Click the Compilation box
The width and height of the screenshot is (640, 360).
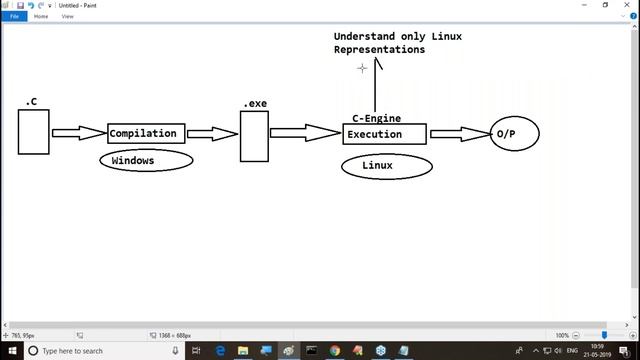[x=146, y=133]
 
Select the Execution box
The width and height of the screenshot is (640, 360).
[x=384, y=134]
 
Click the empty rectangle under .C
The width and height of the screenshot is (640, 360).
[x=33, y=132]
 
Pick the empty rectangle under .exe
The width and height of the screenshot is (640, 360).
[x=254, y=135]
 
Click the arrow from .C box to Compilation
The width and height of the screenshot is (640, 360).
[x=79, y=133]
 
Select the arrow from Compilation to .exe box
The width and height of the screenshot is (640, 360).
[x=212, y=133]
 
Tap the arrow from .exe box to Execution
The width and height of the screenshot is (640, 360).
[x=305, y=133]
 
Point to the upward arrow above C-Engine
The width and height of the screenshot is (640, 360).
[x=376, y=85]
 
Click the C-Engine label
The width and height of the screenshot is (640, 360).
[x=376, y=118]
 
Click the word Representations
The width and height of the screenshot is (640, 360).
[x=379, y=49]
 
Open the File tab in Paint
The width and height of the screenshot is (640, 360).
[x=15, y=16]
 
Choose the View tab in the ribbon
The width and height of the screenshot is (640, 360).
[x=68, y=16]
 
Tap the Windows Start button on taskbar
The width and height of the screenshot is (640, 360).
[x=11, y=351]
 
